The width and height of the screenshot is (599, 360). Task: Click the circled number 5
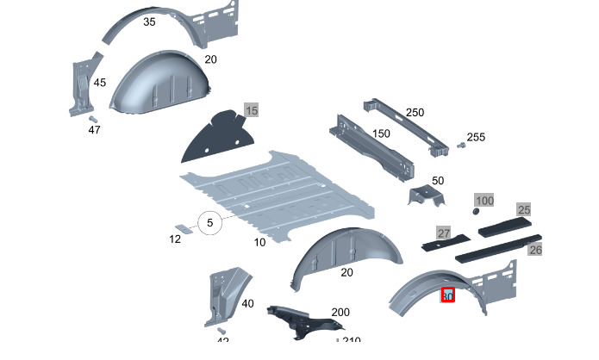(209, 224)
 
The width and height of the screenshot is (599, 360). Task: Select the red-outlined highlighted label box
(447, 295)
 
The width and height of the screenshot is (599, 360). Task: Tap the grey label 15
(252, 111)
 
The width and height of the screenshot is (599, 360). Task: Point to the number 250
(415, 113)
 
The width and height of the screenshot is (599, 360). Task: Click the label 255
(476, 138)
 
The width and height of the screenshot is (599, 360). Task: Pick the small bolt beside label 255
(461, 147)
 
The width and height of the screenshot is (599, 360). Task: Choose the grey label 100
(485, 201)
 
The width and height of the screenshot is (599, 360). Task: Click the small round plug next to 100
(475, 210)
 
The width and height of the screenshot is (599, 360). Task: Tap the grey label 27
(444, 233)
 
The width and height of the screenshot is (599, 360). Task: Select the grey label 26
(535, 250)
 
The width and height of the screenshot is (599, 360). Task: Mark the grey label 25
(524, 209)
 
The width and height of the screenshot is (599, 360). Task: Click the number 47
(94, 129)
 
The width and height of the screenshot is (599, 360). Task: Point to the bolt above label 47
(91, 118)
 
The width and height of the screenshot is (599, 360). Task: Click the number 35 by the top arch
(149, 22)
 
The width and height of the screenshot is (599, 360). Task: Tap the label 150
(380, 134)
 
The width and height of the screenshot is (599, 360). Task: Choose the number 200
(340, 312)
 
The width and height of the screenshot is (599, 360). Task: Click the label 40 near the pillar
(247, 303)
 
